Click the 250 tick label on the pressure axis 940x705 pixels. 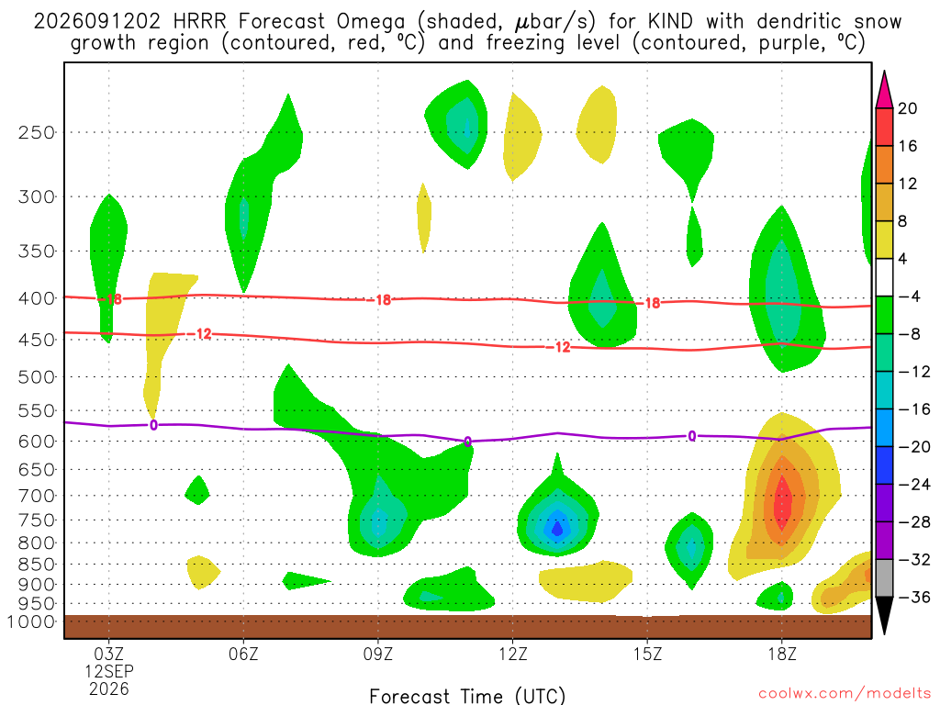[x=37, y=132]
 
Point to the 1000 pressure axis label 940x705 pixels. [x=31, y=621]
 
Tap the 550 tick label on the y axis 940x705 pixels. [x=37, y=411]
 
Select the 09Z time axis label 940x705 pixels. [x=377, y=654]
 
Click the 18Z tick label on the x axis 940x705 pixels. [x=782, y=654]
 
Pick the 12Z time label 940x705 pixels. [x=512, y=654]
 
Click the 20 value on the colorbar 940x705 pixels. [x=907, y=108]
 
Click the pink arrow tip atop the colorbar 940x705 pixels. [x=884, y=72]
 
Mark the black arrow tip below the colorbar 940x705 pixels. [x=884, y=633]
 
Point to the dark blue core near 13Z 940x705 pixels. [x=557, y=528]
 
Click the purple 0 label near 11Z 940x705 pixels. [x=467, y=442]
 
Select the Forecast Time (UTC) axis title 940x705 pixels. [x=467, y=696]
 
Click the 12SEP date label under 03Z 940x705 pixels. [x=109, y=671]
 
